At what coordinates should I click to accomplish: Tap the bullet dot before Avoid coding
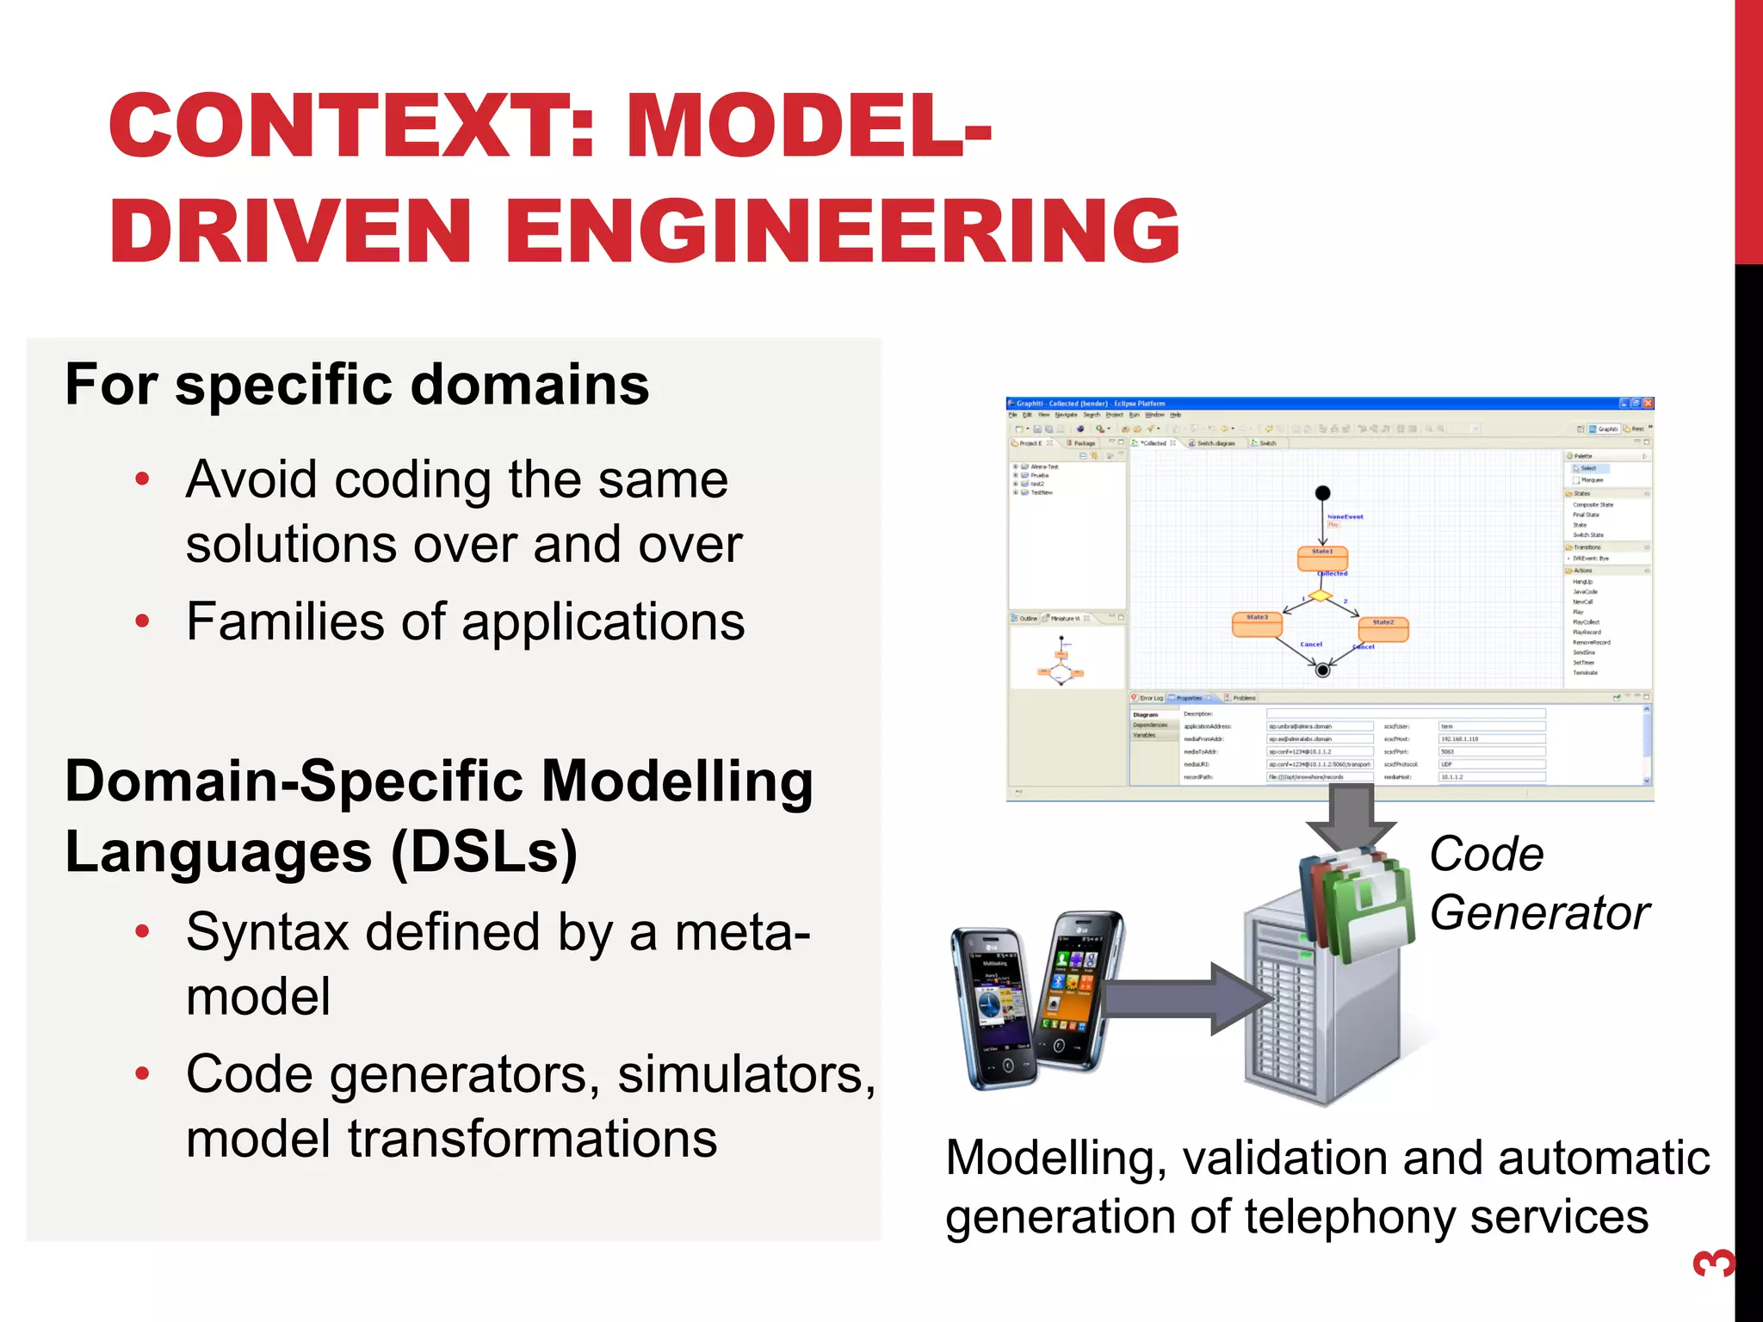point(143,479)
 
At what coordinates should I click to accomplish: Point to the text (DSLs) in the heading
point(484,851)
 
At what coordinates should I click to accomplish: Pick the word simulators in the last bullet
point(745,1074)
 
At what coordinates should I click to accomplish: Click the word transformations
point(532,1139)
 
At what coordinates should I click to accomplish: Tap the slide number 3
point(1712,1263)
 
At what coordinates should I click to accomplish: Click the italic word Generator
point(1539,912)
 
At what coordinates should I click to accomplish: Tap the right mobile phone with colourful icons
point(1076,990)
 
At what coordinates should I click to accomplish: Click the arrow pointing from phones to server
point(1188,998)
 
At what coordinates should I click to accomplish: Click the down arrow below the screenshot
point(1351,818)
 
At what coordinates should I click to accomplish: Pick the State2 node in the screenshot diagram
point(1383,629)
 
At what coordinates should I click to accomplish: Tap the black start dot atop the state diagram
point(1323,493)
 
